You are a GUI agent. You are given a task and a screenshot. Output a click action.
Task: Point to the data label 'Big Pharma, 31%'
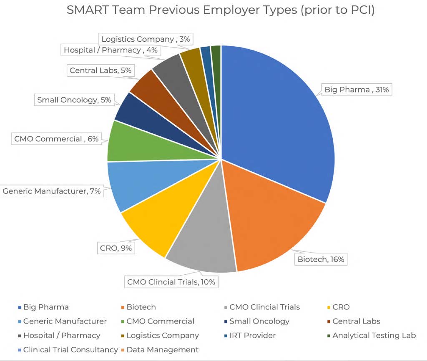click(357, 89)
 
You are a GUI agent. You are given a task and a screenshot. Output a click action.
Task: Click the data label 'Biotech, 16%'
click(321, 259)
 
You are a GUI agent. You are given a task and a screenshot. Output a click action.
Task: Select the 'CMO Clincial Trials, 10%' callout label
click(171, 282)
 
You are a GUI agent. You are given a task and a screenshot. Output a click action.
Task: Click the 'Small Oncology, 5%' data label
click(74, 100)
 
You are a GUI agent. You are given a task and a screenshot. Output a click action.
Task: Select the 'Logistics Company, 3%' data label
click(146, 39)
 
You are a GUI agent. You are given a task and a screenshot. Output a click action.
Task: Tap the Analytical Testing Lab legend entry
click(374, 335)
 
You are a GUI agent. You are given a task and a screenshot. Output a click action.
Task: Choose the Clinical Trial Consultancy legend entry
click(70, 349)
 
